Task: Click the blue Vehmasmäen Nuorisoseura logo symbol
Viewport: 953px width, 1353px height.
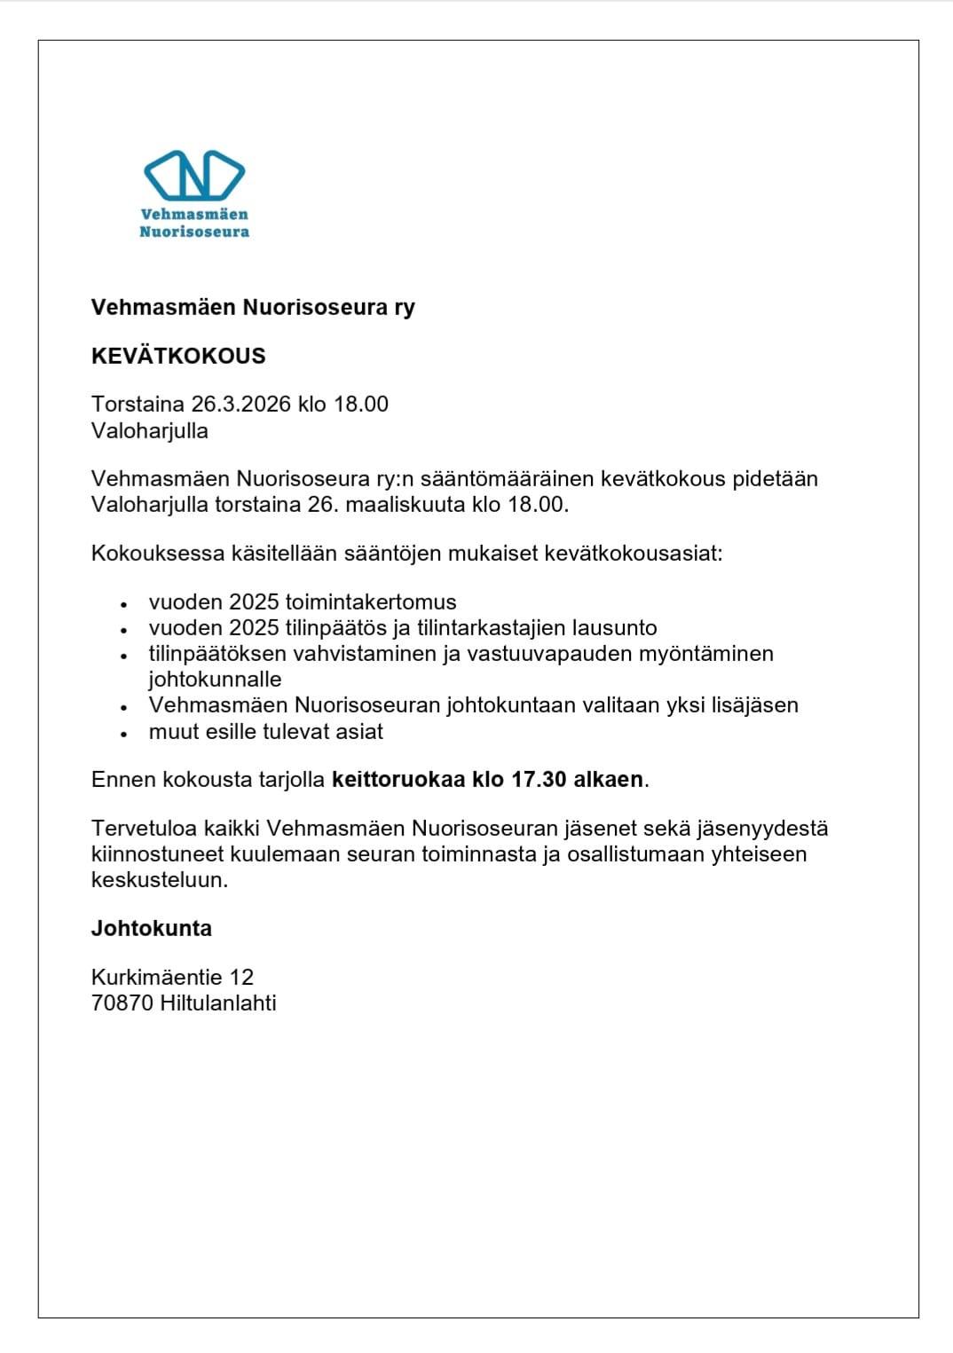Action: point(193,175)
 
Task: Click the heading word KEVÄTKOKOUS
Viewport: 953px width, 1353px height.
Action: point(178,356)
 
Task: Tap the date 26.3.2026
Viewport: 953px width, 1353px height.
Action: point(241,405)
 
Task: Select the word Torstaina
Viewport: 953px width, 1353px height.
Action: point(138,405)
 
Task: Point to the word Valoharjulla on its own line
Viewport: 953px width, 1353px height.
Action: point(150,431)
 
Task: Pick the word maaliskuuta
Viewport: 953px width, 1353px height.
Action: point(405,506)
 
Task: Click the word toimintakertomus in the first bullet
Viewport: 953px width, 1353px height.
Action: point(371,602)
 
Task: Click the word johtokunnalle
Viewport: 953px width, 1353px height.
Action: point(215,680)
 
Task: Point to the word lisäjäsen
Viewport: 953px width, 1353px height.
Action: point(755,705)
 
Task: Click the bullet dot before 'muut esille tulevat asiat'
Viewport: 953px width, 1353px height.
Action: point(125,734)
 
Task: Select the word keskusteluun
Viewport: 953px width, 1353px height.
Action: point(160,880)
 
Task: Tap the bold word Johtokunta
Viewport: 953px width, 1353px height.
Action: point(152,929)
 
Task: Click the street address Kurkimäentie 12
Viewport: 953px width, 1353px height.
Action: point(172,978)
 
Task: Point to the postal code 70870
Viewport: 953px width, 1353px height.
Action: point(122,1003)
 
